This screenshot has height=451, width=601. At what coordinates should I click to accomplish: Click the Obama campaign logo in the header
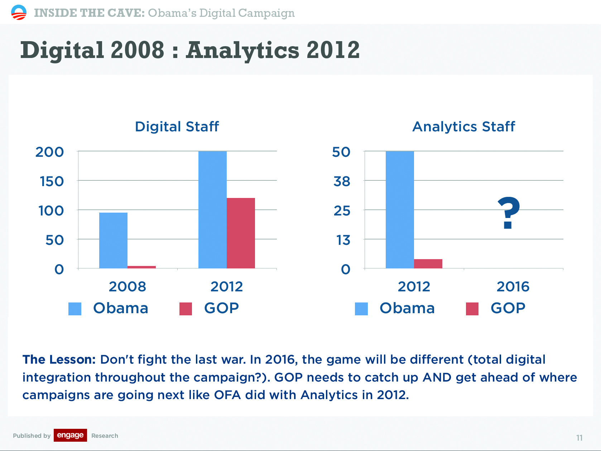[x=19, y=13]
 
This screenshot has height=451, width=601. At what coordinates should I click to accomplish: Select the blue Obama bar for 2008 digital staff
[x=113, y=241]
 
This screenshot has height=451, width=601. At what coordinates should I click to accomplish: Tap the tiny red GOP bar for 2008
[x=141, y=267]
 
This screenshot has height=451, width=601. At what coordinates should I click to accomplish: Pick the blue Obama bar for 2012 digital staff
[x=212, y=210]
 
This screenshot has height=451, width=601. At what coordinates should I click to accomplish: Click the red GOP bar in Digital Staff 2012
[x=241, y=233]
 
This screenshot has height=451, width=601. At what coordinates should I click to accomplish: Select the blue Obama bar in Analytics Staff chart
[x=400, y=210]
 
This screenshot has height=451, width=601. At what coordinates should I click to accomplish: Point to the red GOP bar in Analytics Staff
[x=428, y=264]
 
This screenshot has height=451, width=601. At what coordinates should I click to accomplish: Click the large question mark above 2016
[x=509, y=213]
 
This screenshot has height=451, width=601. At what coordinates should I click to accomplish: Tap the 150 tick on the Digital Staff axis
[x=52, y=181]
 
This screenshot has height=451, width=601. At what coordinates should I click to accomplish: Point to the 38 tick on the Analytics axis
[x=342, y=181]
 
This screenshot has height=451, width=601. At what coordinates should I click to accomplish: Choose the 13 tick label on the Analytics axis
[x=343, y=240]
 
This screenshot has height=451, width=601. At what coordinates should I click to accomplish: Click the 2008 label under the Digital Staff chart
[x=128, y=287]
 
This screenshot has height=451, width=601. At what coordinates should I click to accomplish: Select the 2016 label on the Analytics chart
[x=513, y=287]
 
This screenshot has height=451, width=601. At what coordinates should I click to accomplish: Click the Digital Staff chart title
[x=177, y=127]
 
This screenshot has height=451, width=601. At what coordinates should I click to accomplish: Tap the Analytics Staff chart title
[x=463, y=127]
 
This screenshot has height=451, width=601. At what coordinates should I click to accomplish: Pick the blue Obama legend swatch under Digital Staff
[x=75, y=309]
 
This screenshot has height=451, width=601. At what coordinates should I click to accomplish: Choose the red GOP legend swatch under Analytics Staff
[x=472, y=309]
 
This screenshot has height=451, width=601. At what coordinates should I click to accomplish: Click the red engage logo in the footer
[x=70, y=435]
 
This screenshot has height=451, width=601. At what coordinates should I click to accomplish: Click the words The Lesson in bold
[x=59, y=360]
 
